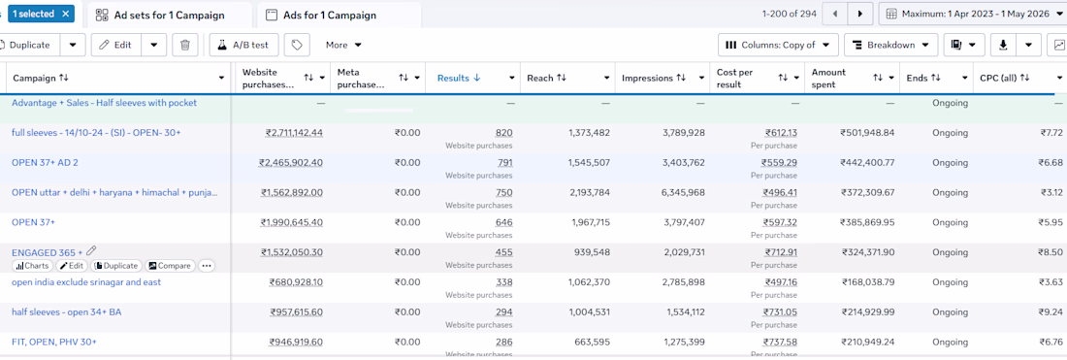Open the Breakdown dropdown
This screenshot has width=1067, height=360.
(890, 45)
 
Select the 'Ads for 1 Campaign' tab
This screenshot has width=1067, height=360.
(339, 15)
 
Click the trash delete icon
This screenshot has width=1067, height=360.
(185, 45)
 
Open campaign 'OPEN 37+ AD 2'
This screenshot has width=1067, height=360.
(49, 163)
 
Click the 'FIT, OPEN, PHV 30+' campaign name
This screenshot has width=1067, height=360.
(54, 342)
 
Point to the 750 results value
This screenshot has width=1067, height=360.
(504, 192)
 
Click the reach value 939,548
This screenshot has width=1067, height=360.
(590, 252)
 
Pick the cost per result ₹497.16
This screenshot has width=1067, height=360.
(781, 282)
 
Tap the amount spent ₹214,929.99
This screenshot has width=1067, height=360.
(868, 312)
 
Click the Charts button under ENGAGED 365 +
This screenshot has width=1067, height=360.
(32, 266)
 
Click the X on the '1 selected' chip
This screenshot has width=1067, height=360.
(65, 14)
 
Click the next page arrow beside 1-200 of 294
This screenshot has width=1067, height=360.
(860, 14)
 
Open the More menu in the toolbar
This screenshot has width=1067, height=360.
(343, 45)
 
